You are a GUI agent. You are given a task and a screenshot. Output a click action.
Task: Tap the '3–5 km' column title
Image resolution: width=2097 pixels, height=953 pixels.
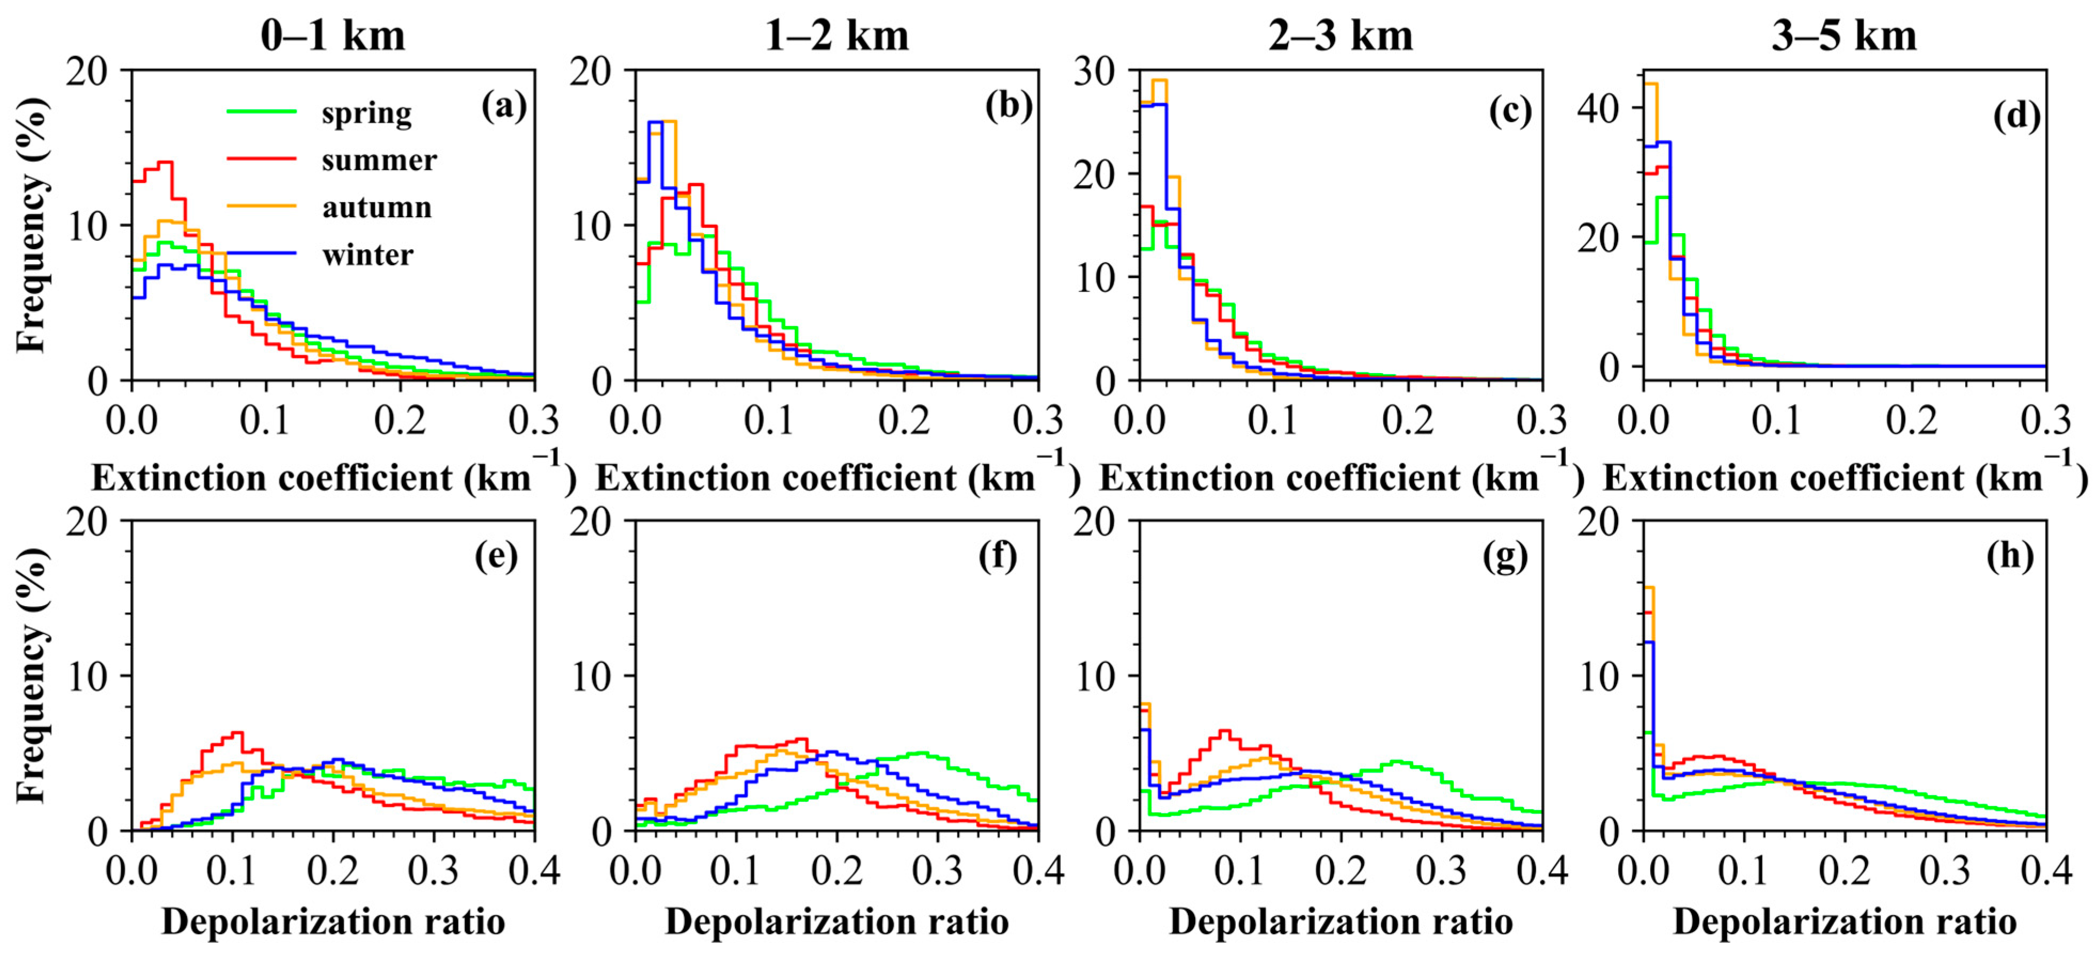point(1844,36)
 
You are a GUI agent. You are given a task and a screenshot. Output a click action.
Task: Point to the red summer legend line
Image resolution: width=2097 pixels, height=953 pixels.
point(261,160)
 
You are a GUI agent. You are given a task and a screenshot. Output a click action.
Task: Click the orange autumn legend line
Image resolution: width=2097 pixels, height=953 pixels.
point(261,207)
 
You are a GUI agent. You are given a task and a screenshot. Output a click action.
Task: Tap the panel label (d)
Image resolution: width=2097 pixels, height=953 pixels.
point(2016,116)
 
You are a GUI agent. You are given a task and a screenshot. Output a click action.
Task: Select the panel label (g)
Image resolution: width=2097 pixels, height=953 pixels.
point(1505,557)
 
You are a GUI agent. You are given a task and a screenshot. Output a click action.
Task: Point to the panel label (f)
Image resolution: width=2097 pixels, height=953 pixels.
point(998,557)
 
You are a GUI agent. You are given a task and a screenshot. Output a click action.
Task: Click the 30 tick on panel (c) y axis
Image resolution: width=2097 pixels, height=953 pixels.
point(1093,72)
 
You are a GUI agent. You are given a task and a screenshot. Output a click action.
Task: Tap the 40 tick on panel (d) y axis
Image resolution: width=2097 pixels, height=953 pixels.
point(1597,108)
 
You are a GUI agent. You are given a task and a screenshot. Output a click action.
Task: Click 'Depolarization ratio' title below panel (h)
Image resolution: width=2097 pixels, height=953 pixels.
point(1844,922)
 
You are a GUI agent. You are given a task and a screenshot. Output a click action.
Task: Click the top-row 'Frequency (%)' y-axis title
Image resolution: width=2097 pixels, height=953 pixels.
point(31,225)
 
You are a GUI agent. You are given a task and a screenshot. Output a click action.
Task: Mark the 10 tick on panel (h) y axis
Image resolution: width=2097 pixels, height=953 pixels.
point(1597,676)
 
